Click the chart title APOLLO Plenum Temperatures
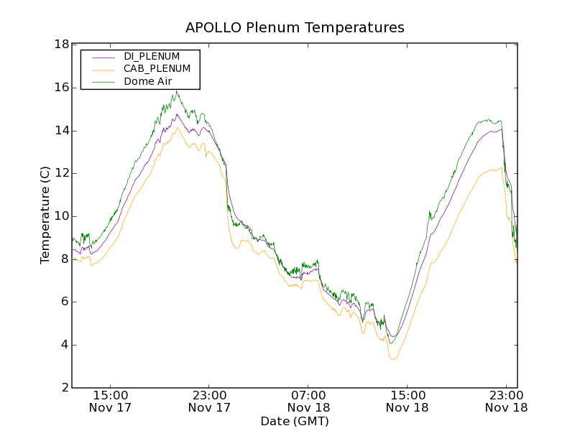295,28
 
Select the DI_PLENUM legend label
152,56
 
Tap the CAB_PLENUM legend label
157,69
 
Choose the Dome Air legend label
147,82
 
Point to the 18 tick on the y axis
61,45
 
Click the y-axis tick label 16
61,88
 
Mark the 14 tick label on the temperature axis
61,131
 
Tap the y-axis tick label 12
61,173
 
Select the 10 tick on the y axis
61,216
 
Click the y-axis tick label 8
65,259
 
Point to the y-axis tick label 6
65,302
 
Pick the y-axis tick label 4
65,345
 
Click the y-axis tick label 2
65,388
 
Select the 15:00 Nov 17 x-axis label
111,402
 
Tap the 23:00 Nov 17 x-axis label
210,402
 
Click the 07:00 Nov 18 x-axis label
309,402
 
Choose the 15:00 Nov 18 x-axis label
408,402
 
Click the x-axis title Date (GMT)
295,421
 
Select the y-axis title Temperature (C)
45,215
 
